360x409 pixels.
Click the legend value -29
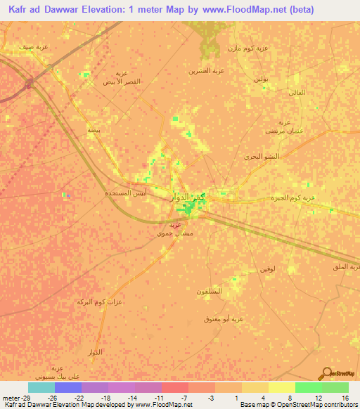pos(27,397)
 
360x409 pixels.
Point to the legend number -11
pos(160,397)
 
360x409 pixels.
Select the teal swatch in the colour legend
pos(41,387)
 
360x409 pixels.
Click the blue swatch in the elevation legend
pos(68,387)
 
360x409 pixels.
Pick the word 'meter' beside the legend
pos(11,397)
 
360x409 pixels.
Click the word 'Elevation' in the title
pos(114,10)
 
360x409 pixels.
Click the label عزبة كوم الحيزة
pos(292,198)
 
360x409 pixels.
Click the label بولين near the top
pos(261,79)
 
